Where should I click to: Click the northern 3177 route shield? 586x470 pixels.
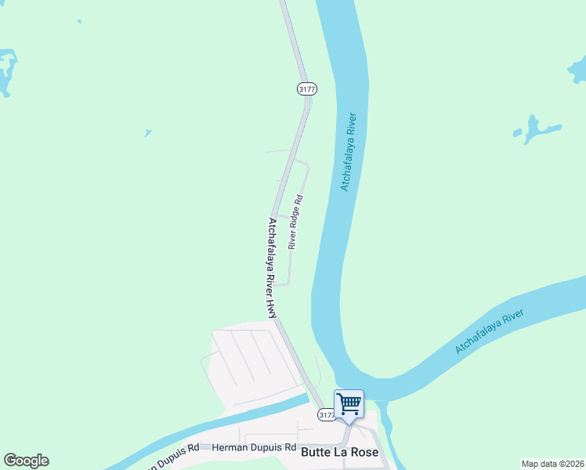point(306,89)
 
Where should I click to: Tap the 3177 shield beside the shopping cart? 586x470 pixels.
point(327,414)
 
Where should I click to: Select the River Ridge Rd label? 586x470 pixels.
point(295,222)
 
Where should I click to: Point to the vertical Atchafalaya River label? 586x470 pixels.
point(349,152)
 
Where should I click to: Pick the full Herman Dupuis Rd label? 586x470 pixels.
point(254,448)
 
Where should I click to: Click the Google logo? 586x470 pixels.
point(26,461)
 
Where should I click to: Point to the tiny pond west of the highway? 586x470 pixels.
point(147,133)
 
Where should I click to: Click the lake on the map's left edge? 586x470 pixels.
point(6,72)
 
